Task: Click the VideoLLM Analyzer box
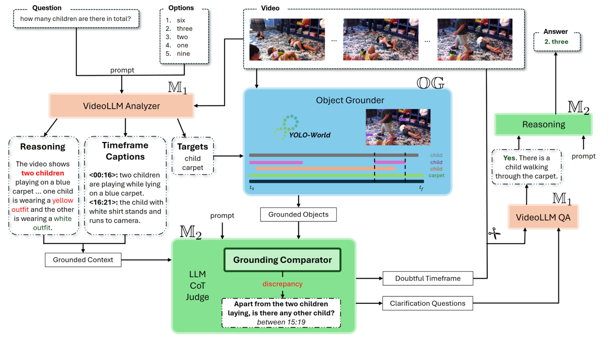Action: click(121, 106)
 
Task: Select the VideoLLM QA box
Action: click(543, 217)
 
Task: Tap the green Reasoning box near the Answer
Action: click(543, 124)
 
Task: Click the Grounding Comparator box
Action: click(282, 260)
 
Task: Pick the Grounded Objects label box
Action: click(298, 215)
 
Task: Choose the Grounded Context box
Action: click(83, 260)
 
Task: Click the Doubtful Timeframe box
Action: click(427, 278)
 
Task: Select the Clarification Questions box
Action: click(427, 303)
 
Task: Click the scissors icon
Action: click(494, 234)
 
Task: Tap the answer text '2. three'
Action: click(556, 42)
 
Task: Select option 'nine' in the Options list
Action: click(183, 54)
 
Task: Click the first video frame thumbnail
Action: click(287, 40)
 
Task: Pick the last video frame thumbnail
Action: click(475, 40)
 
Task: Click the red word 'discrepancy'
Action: click(282, 284)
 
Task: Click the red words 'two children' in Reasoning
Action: click(42, 173)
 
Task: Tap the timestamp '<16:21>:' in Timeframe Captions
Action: click(104, 202)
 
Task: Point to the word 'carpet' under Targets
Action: click(192, 168)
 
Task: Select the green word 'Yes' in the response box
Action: click(510, 158)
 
